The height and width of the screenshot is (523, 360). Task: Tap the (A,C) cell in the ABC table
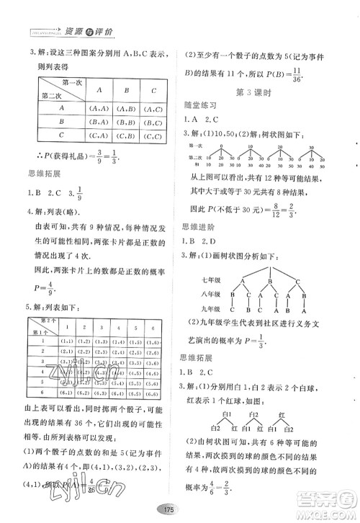(x=153, y=108)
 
